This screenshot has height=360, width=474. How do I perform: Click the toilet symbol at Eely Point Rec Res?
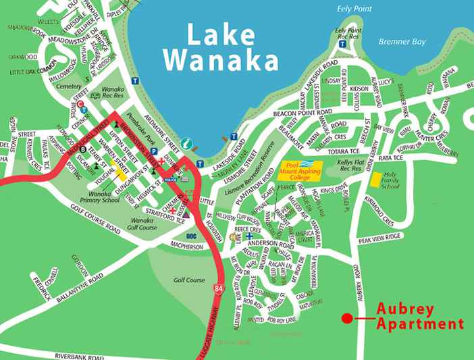343,44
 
